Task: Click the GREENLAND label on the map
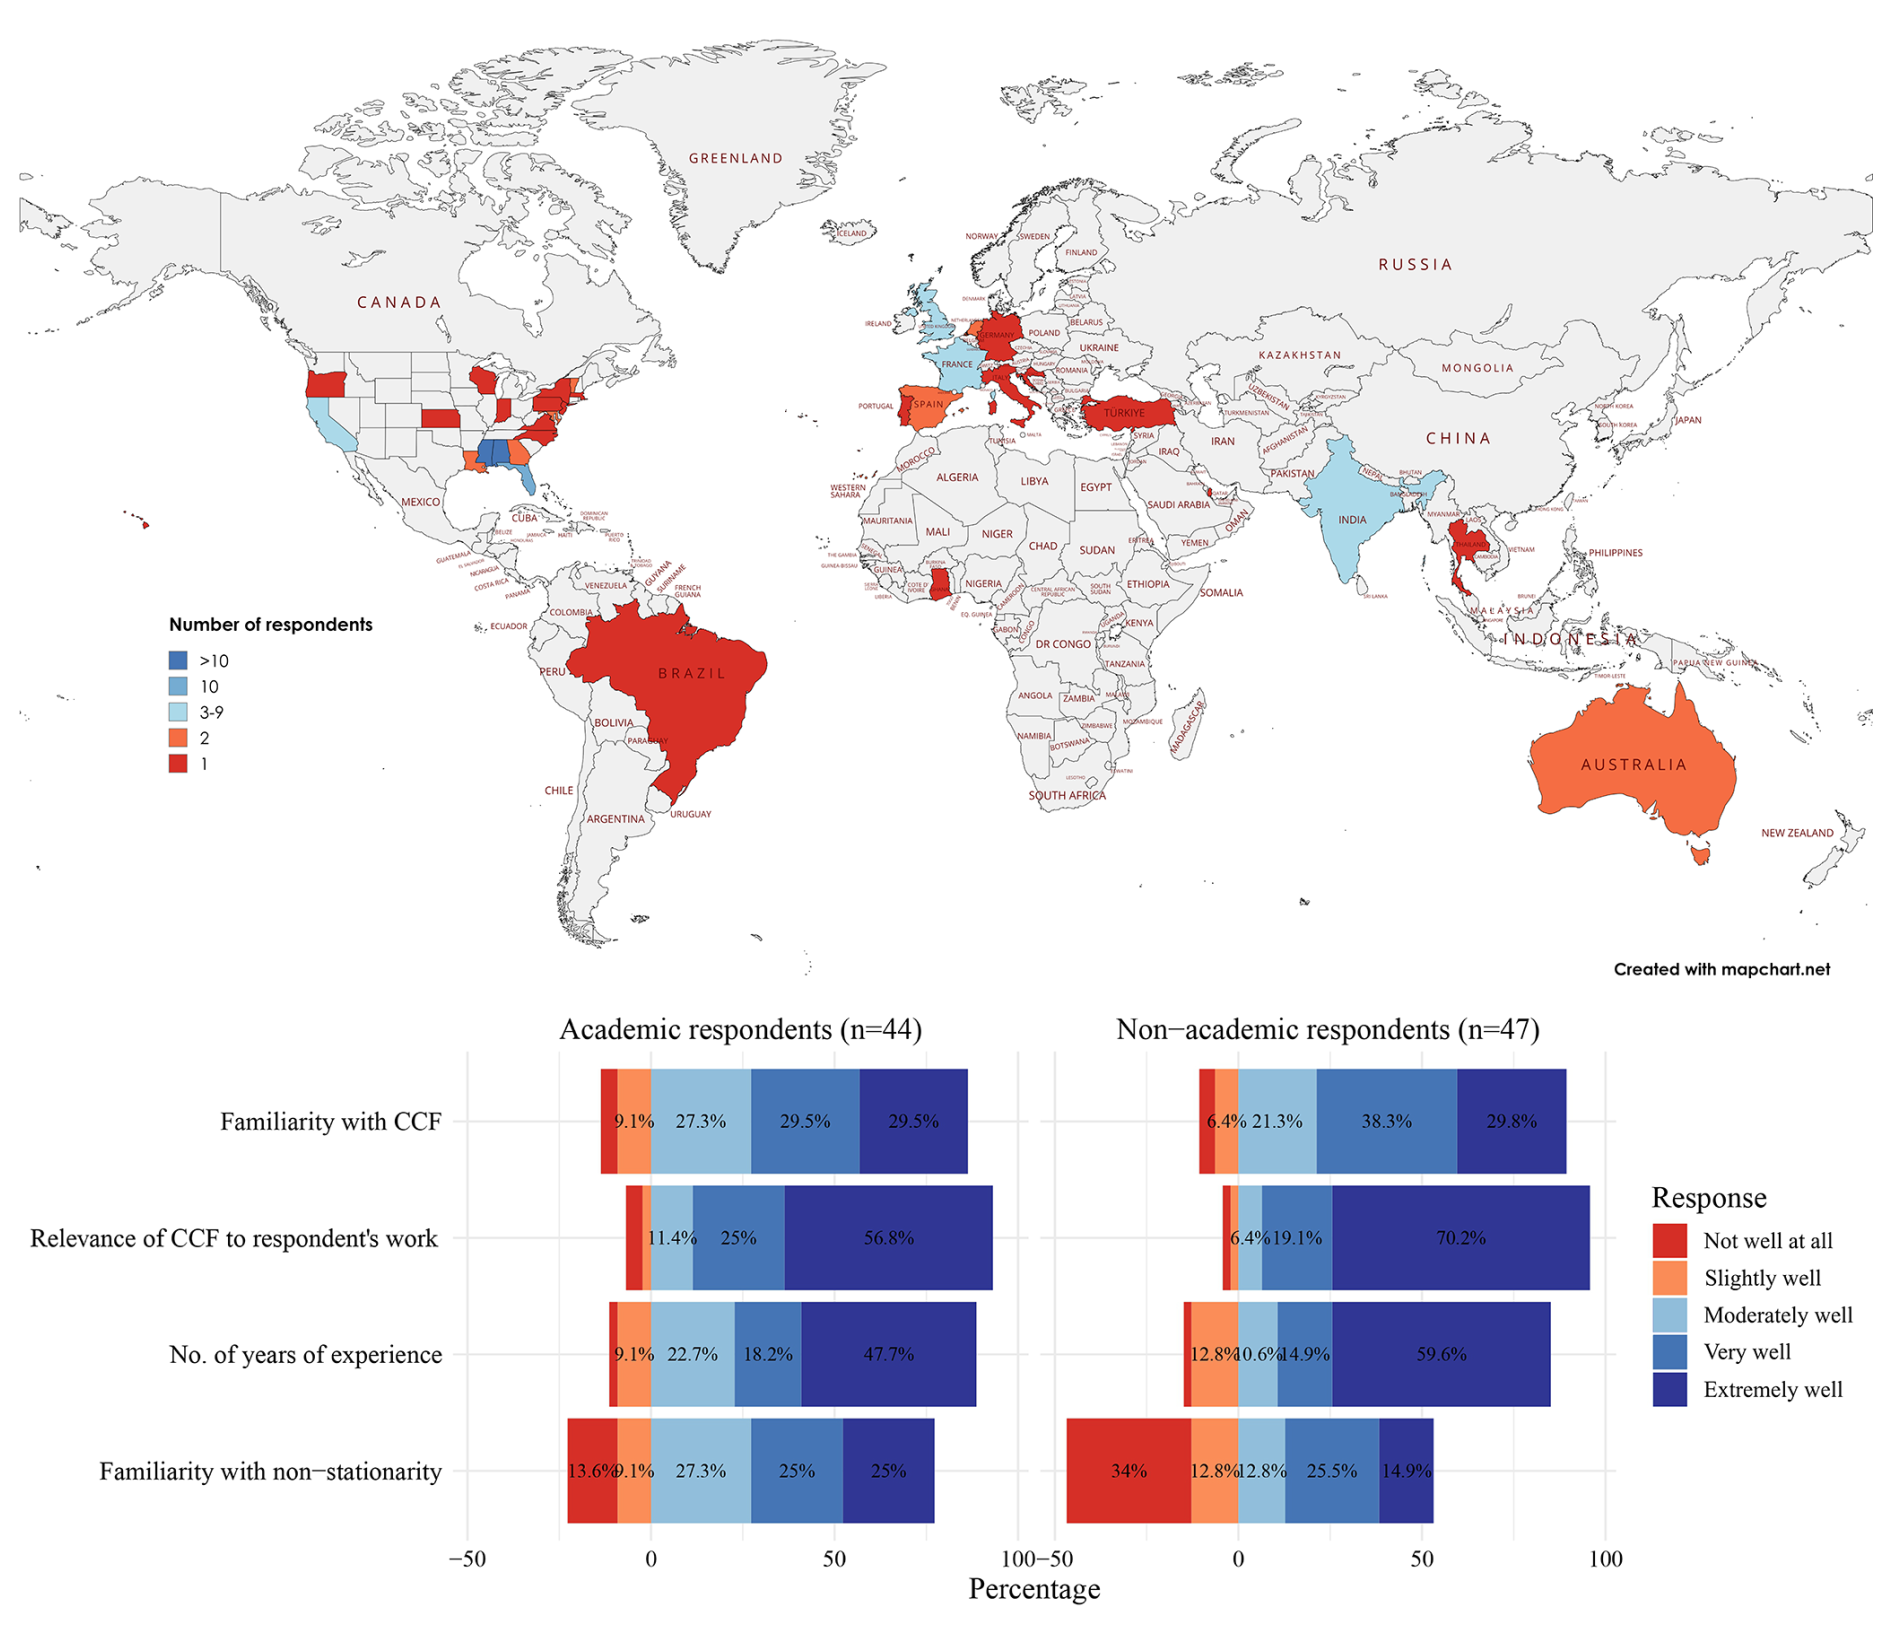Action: tap(735, 158)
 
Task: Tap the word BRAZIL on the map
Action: tap(692, 673)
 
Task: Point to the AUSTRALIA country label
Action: tap(1633, 765)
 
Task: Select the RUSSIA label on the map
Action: tap(1415, 265)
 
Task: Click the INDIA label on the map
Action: tap(1352, 520)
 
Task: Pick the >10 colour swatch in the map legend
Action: tap(178, 660)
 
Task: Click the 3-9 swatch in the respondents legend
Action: tap(178, 712)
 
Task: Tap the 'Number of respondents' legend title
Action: tap(270, 625)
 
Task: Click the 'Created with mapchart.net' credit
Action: tap(1721, 969)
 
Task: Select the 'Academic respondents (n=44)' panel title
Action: tap(740, 1029)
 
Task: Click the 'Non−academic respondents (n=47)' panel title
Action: tap(1327, 1029)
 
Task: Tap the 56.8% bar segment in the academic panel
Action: tap(888, 1238)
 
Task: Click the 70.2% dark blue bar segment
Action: tap(1460, 1238)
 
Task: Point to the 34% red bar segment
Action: tap(1128, 1471)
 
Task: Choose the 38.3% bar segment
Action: tap(1386, 1121)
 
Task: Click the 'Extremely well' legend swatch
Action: tap(1669, 1389)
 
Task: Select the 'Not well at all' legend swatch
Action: tap(1669, 1241)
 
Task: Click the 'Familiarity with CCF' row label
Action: tap(330, 1122)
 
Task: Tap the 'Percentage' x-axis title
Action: tap(1034, 1589)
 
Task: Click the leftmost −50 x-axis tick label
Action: tap(467, 1559)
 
